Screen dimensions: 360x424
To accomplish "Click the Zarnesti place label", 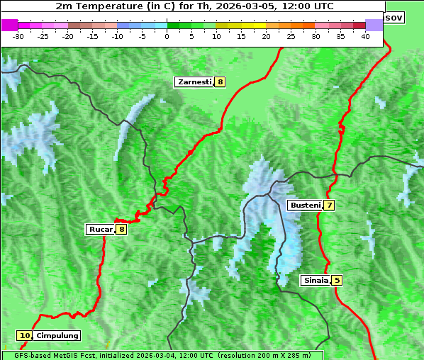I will click(194, 82).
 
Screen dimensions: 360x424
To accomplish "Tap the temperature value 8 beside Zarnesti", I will click(220, 82).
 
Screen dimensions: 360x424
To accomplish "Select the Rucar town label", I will click(100, 229).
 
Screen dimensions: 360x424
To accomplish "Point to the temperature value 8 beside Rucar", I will click(121, 229).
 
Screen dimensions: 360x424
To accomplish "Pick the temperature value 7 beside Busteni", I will click(329, 205).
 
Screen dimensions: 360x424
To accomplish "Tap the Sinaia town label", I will click(315, 280).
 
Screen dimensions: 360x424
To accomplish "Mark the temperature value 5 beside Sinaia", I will click(337, 280).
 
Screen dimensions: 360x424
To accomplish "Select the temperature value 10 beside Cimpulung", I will click(25, 335).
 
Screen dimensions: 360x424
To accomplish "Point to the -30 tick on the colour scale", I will click(18, 36).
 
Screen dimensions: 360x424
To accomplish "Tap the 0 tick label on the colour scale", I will click(167, 36).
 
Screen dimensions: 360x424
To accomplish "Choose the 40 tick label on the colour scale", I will click(365, 36).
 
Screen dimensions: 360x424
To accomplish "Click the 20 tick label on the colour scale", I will click(266, 36).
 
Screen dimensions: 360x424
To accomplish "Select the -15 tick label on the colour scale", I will click(92, 36).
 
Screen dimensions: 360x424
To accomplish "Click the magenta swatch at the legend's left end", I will click(10, 25).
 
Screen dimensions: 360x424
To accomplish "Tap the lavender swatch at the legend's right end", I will click(374, 25).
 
